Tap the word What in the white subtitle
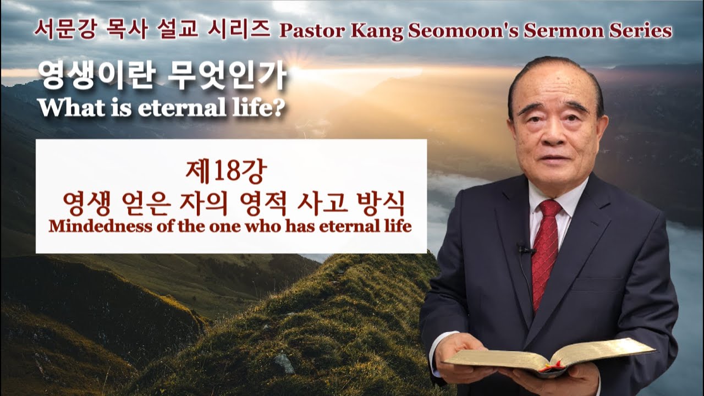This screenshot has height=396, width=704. (x=72, y=107)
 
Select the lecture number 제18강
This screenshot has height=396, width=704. (x=226, y=172)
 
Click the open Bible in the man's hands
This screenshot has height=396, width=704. (x=550, y=358)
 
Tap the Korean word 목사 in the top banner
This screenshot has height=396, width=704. (x=127, y=29)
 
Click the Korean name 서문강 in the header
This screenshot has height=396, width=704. (x=64, y=29)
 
